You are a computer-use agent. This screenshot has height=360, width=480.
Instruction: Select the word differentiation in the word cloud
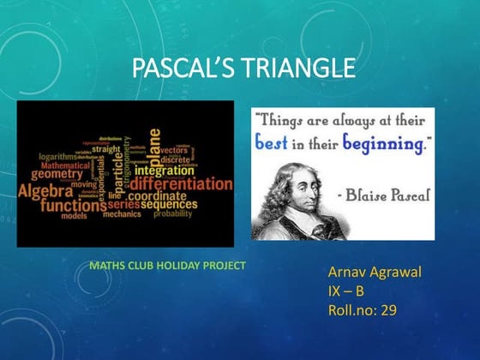point(180,183)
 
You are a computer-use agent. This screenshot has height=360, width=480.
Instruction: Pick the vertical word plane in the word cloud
point(154,146)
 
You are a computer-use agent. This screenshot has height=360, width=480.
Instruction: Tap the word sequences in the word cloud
point(169,205)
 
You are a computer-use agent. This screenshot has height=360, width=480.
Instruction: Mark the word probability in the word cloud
point(173,214)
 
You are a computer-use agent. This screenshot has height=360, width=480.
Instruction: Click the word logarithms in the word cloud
point(51,157)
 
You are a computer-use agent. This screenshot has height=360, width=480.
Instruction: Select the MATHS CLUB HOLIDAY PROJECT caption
point(167,266)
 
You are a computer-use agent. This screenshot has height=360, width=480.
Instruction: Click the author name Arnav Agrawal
point(375,272)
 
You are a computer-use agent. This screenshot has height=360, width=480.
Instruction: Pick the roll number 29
point(388,309)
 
